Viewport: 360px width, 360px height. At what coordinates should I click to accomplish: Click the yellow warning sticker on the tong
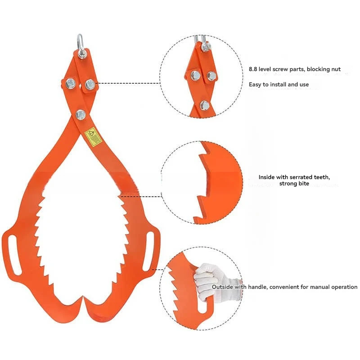coord(93,137)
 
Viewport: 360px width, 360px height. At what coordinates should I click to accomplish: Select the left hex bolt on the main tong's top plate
coord(71,83)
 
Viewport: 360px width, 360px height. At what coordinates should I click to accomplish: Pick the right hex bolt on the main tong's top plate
coord(90,84)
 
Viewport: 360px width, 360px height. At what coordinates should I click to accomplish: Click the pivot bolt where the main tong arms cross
coord(81,114)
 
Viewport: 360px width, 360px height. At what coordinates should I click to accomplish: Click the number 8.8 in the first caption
coord(254,70)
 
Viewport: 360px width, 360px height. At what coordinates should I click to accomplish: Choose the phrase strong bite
coord(294,184)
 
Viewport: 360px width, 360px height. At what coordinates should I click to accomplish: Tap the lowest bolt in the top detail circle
coord(204,105)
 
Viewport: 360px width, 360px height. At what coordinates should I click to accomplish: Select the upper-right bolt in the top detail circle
coord(211,76)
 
